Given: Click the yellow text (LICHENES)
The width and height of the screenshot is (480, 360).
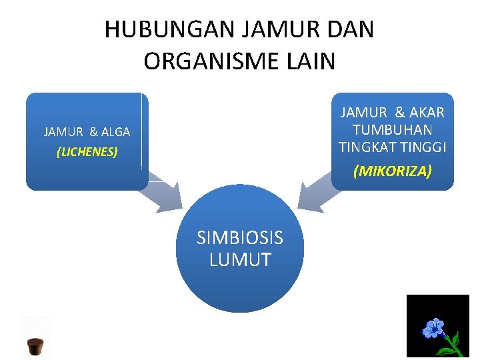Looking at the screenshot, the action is pos(87,152).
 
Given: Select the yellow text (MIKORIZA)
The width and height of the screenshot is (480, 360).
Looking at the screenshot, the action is pos(393,171).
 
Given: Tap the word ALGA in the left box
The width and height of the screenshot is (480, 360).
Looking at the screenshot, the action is pos(115,132).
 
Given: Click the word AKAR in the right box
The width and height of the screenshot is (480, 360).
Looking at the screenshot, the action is pos(426,113).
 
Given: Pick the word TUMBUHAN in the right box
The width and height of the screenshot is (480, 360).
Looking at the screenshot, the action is pos(393,129).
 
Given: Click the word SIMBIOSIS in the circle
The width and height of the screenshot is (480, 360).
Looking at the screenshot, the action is pos(240,238).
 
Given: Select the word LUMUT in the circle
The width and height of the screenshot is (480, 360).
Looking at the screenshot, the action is pos(240,260).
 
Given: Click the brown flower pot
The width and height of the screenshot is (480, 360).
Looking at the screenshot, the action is pos(35,347).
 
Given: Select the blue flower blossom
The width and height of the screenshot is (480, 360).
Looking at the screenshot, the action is pos(434,329).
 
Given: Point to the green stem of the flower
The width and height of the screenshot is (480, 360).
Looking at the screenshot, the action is pos(452,345).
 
